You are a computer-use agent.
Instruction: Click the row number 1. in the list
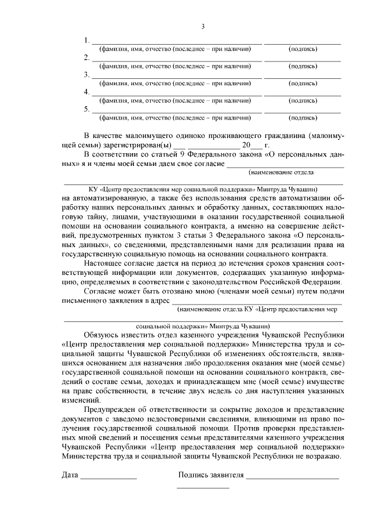87,41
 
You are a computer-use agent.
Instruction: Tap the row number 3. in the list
87,75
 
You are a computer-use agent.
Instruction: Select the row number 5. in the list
87,109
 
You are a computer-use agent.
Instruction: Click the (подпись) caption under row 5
303,118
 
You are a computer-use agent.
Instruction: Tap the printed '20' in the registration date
247,145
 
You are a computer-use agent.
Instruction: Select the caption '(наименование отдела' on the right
281,172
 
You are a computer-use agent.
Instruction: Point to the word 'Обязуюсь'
103,335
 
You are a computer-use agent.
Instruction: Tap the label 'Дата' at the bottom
70,476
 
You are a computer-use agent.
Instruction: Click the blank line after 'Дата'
108,478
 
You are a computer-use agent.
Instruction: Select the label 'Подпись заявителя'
210,476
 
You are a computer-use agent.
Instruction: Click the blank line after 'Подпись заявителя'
292,478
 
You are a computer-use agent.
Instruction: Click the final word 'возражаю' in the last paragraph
325,457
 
